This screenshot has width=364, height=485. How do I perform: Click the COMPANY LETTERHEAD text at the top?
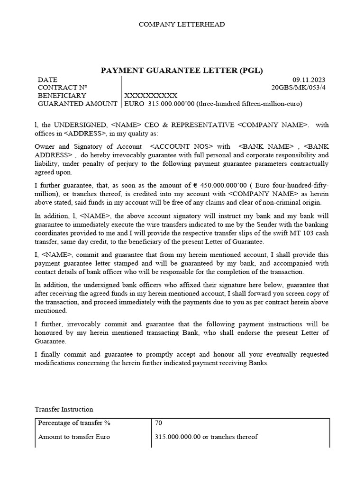coord(182,24)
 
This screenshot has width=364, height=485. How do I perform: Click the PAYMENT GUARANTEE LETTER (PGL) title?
coord(182,71)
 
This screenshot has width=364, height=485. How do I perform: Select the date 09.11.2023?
coord(309,80)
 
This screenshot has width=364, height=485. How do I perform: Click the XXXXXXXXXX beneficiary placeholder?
coord(151,96)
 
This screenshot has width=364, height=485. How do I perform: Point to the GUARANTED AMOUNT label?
coord(77,104)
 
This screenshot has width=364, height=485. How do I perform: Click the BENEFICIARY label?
coord(62,96)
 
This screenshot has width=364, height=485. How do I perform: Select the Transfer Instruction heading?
coord(64,409)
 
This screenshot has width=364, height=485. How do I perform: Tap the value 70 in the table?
coord(159,423)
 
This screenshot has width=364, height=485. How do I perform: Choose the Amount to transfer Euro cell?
coord(73,437)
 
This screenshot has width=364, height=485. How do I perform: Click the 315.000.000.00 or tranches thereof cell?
coord(206,437)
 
